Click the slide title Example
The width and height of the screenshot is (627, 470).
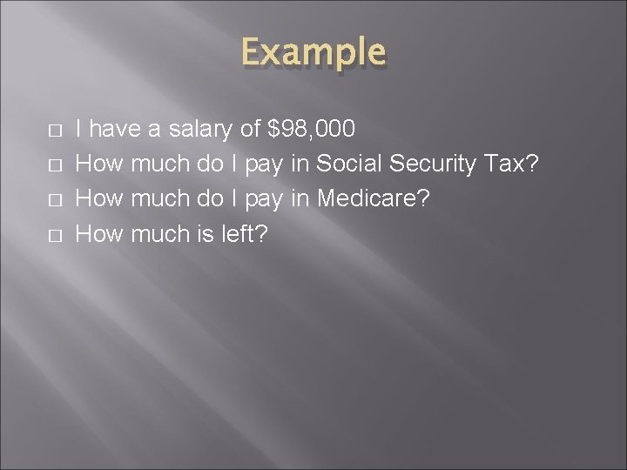click(x=313, y=53)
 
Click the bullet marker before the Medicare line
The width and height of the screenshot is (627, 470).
click(x=54, y=199)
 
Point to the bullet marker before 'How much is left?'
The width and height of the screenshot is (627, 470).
click(x=54, y=233)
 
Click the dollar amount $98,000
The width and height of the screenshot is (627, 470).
click(x=311, y=131)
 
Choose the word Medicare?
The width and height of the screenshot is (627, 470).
click(x=374, y=198)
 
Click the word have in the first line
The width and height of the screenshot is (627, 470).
click(x=118, y=131)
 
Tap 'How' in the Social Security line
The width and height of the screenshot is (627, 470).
click(x=99, y=164)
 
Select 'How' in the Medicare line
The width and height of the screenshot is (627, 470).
click(x=99, y=198)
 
